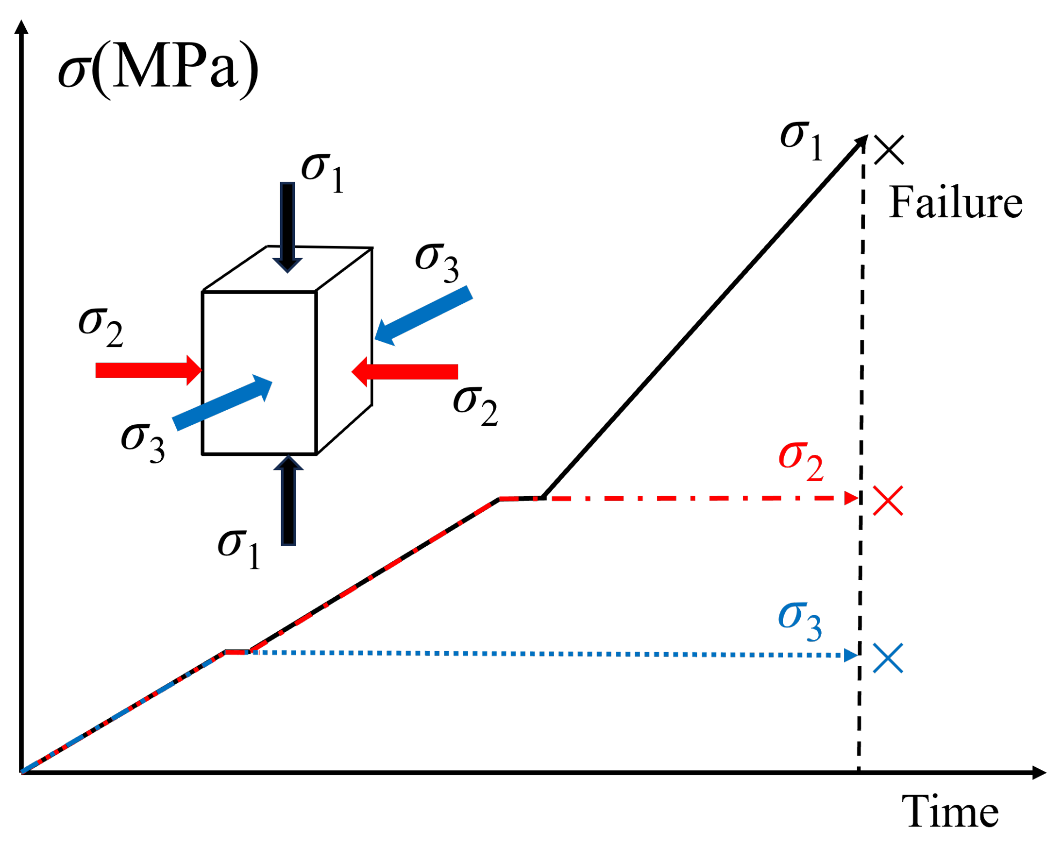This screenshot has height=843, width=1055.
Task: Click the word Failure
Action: [x=955, y=203]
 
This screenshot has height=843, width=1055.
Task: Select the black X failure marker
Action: [x=889, y=149]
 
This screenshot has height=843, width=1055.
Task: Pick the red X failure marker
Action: [x=888, y=501]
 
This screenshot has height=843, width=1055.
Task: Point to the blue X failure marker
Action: [x=888, y=658]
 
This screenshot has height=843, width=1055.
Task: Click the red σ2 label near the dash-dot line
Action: [x=800, y=461]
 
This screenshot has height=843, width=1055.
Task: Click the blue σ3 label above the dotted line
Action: [x=800, y=620]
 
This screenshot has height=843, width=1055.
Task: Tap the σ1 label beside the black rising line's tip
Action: [x=801, y=140]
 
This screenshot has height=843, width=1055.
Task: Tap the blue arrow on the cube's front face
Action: [x=223, y=402]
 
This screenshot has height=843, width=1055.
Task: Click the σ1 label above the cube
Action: [x=322, y=172]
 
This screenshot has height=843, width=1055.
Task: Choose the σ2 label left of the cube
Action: [x=101, y=327]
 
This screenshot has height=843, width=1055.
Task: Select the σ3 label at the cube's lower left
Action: [x=142, y=442]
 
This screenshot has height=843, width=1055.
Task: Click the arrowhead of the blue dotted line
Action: [x=850, y=655]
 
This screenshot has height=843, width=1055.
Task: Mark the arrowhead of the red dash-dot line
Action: [x=851, y=498]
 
